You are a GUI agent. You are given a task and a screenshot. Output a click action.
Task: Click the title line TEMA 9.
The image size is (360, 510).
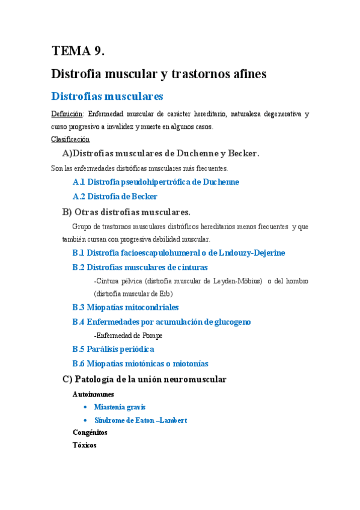[x=78, y=51]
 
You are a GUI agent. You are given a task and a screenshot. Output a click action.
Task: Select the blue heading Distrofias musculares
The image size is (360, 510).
[x=107, y=96]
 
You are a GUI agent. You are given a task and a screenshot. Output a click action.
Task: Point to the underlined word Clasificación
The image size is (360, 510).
[x=70, y=140]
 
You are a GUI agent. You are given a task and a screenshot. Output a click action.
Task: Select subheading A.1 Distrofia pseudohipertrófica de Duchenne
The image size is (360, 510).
[x=155, y=182]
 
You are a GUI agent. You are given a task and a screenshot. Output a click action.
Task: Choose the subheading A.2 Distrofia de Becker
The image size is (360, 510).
[x=115, y=197]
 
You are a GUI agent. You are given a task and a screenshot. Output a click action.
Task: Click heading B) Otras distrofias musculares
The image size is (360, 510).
[x=126, y=212]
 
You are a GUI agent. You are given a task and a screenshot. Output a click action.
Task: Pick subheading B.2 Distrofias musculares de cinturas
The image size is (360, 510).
[x=139, y=267]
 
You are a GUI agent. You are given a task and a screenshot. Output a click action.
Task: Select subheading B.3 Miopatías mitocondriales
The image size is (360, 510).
[x=125, y=307]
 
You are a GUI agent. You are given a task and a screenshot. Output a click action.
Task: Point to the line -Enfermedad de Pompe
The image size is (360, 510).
[x=128, y=336]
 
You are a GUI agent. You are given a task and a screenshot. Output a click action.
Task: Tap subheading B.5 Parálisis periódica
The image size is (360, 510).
[x=113, y=349]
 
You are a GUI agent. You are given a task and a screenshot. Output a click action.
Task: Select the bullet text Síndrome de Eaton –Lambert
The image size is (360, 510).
[x=140, y=420]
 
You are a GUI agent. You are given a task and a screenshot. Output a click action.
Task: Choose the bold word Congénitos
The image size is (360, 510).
[x=90, y=432]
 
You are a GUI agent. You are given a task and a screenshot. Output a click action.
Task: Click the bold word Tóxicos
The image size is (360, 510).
[x=84, y=446]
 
